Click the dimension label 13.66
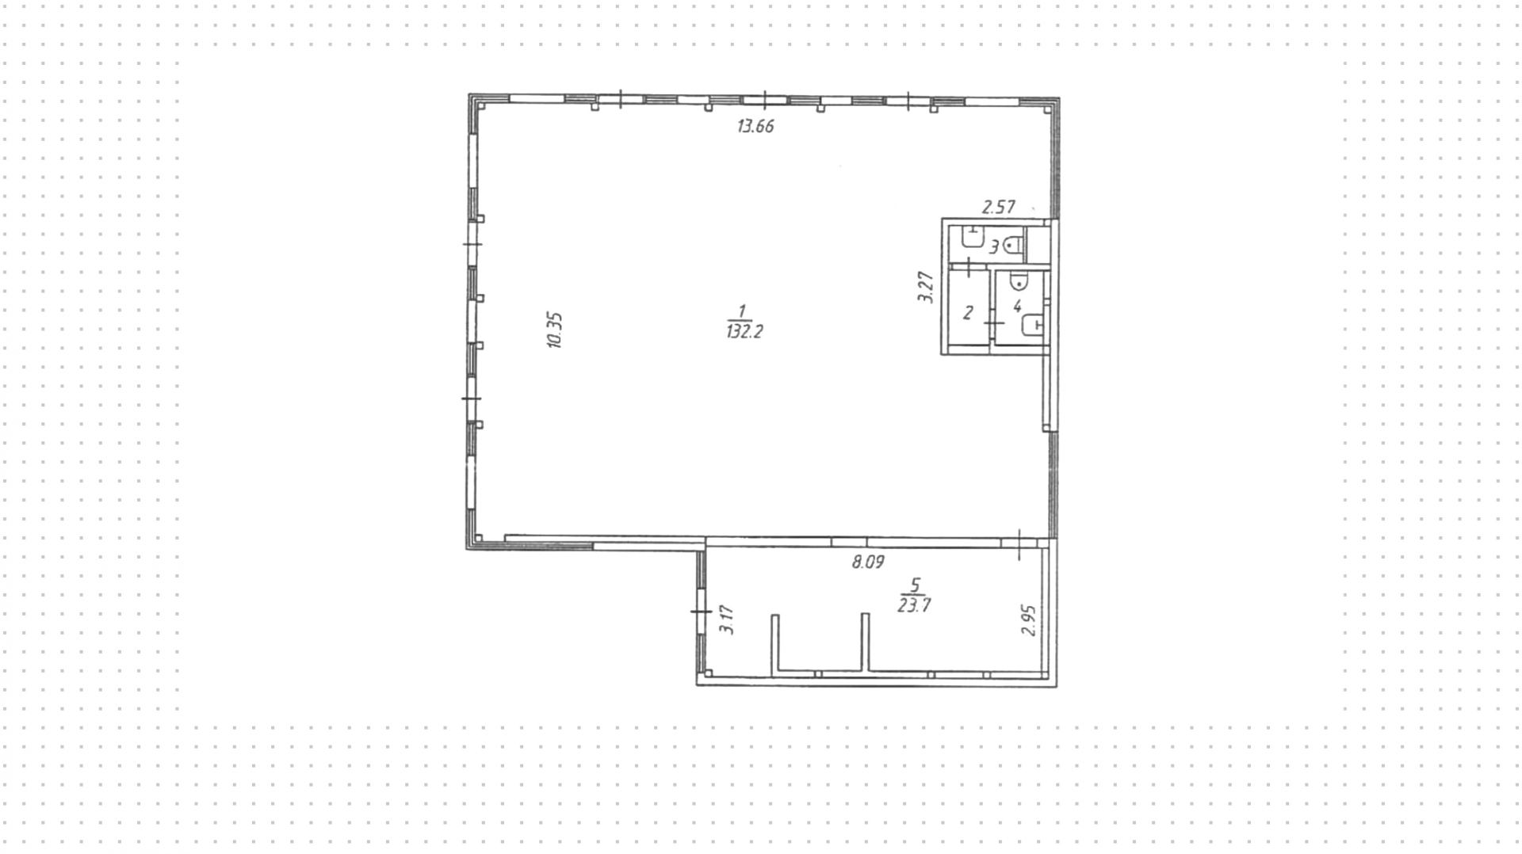click(x=755, y=126)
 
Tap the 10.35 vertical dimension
click(x=555, y=330)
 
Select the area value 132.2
click(x=744, y=332)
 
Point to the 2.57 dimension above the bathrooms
click(x=998, y=208)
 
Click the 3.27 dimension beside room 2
click(x=925, y=287)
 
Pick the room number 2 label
click(x=967, y=313)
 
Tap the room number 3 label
click(x=994, y=247)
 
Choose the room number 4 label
click(x=1017, y=306)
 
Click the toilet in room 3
click(x=1011, y=246)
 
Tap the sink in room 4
click(x=1034, y=324)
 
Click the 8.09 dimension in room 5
click(x=868, y=562)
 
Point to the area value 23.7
click(x=914, y=605)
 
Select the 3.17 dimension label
click(x=727, y=620)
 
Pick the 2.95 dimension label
click(x=1028, y=620)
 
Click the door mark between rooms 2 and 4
click(x=993, y=323)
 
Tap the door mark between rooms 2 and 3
click(x=969, y=266)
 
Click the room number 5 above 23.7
click(x=916, y=585)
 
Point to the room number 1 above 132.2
click(x=742, y=311)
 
